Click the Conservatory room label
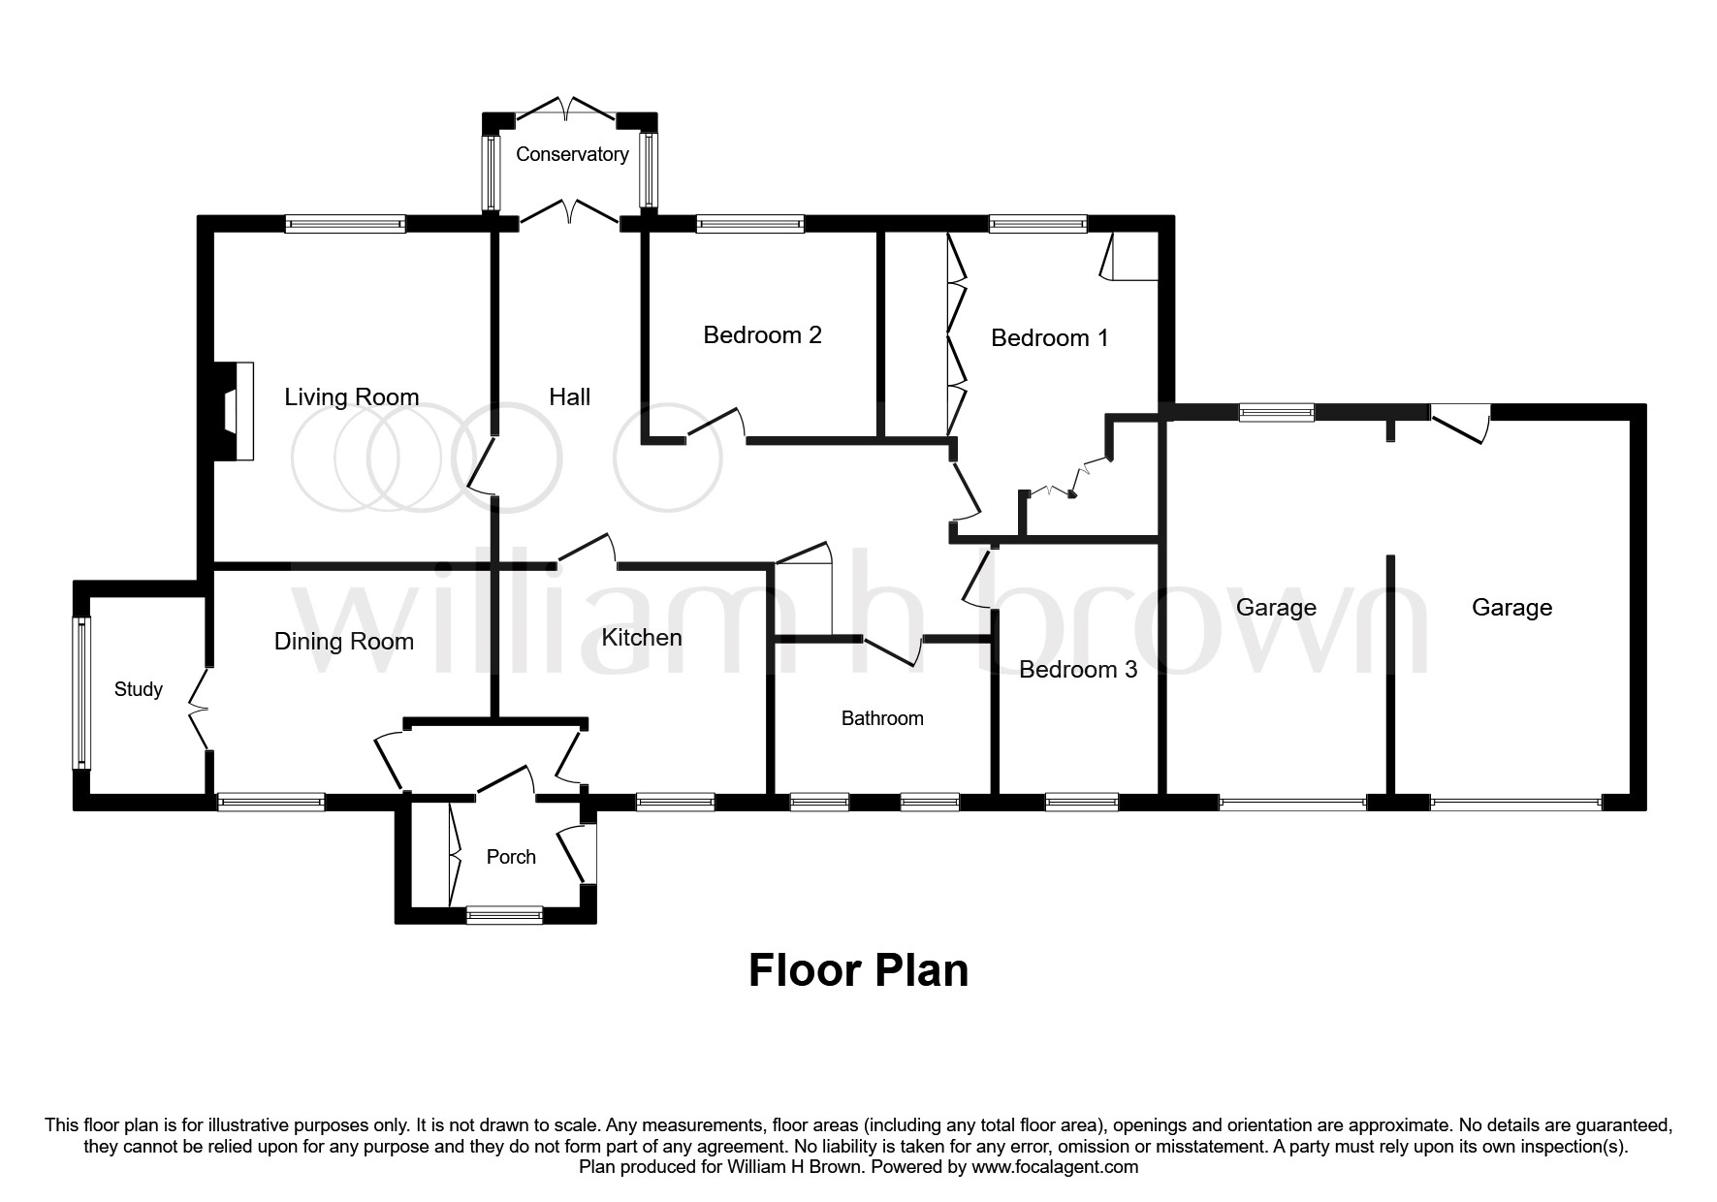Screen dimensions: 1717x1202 pyautogui.click(x=572, y=154)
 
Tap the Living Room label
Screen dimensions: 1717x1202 pyautogui.click(x=352, y=396)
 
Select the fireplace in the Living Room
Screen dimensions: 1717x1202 pyautogui.click(x=232, y=411)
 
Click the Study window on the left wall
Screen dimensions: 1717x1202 pyautogui.click(x=82, y=693)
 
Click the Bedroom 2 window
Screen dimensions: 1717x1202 pyautogui.click(x=750, y=224)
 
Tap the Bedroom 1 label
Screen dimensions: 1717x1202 pyautogui.click(x=1049, y=337)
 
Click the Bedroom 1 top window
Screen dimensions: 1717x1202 pyautogui.click(x=1038, y=224)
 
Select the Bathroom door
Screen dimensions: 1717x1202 pyautogui.click(x=893, y=650)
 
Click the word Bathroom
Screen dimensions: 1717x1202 pyautogui.click(x=882, y=718)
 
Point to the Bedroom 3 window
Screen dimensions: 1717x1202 pyautogui.click(x=1082, y=802)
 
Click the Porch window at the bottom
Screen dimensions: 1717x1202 pyautogui.click(x=504, y=914)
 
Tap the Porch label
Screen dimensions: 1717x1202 pyautogui.click(x=511, y=857)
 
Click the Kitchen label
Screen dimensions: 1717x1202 pyautogui.click(x=642, y=637)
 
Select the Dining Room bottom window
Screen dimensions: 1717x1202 pyautogui.click(x=270, y=802)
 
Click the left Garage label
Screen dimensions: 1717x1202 pyautogui.click(x=1276, y=608)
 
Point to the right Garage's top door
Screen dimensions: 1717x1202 pyautogui.click(x=1460, y=424)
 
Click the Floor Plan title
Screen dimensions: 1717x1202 pyautogui.click(x=858, y=970)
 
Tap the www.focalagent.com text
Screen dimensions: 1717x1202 pyautogui.click(x=1055, y=1167)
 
